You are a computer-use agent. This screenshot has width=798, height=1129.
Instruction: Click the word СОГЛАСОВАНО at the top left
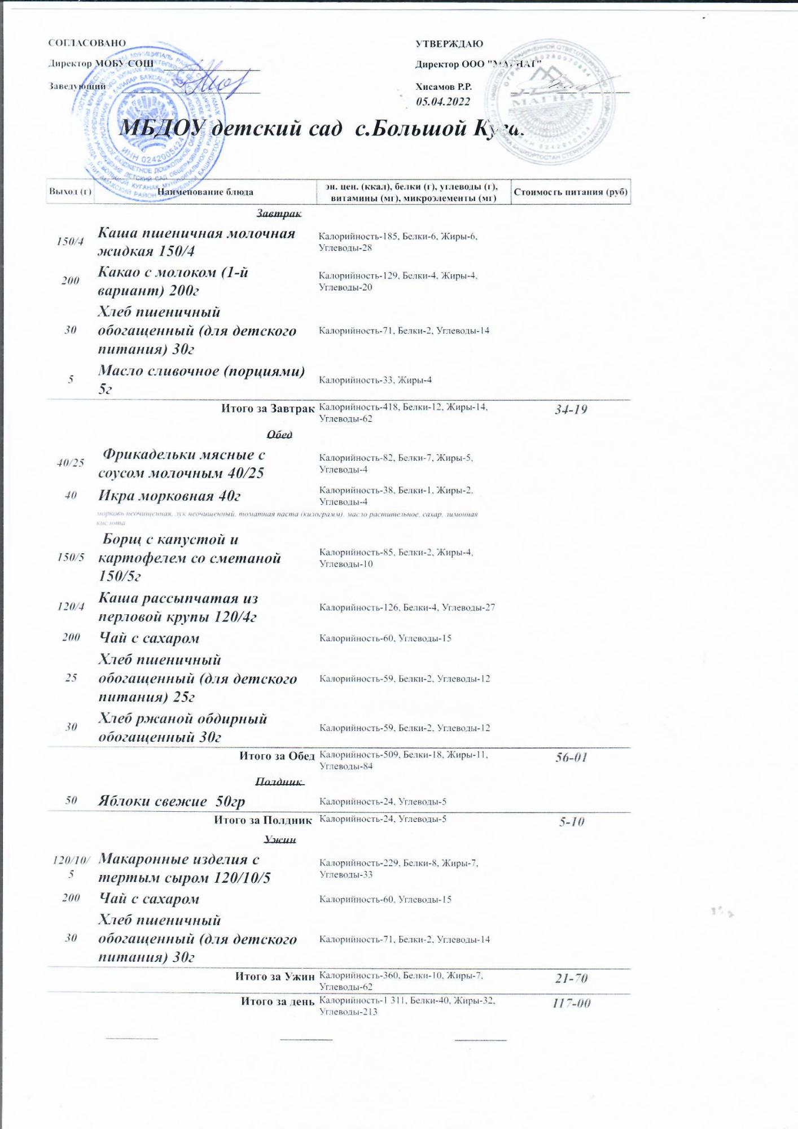pyautogui.click(x=87, y=43)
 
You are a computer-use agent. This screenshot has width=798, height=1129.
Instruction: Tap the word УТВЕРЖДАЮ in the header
pyautogui.click(x=449, y=43)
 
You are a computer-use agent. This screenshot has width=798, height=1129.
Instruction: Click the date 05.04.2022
pyautogui.click(x=443, y=102)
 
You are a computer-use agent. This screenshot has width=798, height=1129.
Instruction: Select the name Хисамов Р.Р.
pyautogui.click(x=444, y=87)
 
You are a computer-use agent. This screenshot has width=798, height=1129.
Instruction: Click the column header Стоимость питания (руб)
pyautogui.click(x=571, y=192)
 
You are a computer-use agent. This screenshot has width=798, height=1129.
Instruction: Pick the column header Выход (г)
pyautogui.click(x=70, y=192)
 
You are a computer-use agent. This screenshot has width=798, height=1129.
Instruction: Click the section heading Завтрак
pyautogui.click(x=279, y=213)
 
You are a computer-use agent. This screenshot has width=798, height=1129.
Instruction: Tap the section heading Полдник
pyautogui.click(x=279, y=781)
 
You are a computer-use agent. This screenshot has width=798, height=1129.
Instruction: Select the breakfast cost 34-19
pyautogui.click(x=571, y=410)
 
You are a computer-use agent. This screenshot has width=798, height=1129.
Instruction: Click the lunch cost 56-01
pyautogui.click(x=571, y=758)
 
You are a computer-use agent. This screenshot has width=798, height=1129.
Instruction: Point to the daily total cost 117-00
pyautogui.click(x=572, y=1003)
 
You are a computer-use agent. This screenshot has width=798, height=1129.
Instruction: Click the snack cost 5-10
pyautogui.click(x=572, y=822)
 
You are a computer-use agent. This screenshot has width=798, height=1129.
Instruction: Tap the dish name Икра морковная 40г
pyautogui.click(x=169, y=496)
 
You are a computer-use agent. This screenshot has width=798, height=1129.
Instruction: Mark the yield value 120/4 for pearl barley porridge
pyautogui.click(x=71, y=607)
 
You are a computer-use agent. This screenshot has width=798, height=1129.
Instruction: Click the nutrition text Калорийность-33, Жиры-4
pyautogui.click(x=375, y=380)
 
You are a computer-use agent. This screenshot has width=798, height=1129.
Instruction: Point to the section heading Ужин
pyautogui.click(x=280, y=839)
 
